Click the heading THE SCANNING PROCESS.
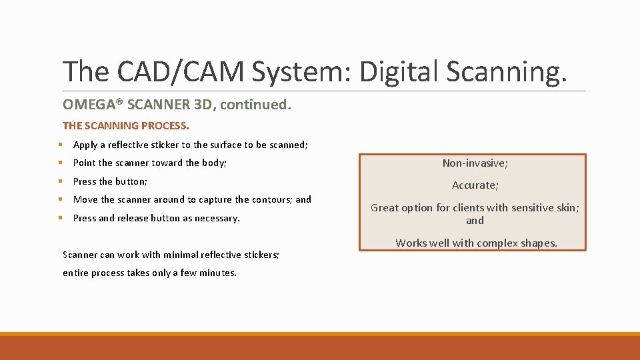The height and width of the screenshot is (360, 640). (126, 125)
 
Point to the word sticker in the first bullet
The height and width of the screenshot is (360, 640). (163, 145)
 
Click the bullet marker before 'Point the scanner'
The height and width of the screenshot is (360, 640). (60, 163)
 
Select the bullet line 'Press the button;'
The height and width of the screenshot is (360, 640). (110, 181)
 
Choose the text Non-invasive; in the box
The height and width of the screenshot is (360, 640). (475, 163)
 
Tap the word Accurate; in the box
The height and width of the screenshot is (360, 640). (475, 185)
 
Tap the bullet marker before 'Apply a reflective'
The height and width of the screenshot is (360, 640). (60, 145)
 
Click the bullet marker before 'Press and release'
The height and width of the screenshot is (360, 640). (60, 218)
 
